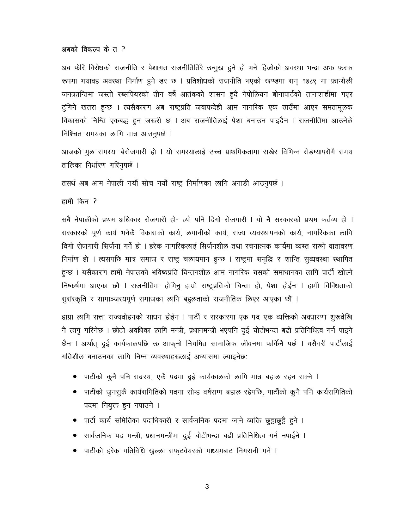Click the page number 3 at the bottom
click(207, 487)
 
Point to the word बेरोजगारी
click(137, 152)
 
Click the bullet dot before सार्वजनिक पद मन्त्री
click(75, 436)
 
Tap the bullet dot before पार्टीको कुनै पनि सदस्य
click(75, 377)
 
